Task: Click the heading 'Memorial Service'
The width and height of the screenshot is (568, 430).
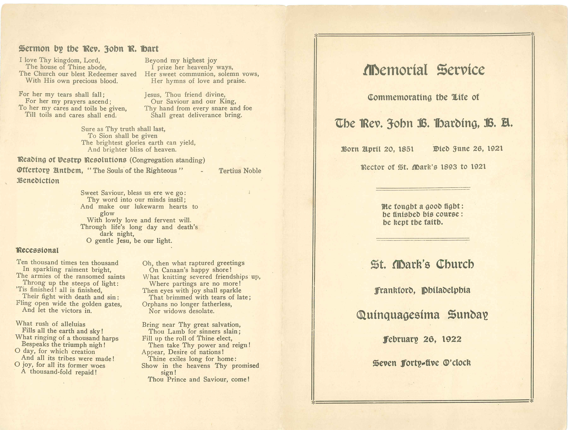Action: pyautogui.click(x=424, y=70)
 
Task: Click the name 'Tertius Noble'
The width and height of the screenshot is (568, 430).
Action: pyautogui.click(x=240, y=171)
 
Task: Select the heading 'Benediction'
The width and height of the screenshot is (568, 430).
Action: pyautogui.click(x=38, y=181)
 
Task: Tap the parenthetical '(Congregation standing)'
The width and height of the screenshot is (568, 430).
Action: pyautogui.click(x=167, y=160)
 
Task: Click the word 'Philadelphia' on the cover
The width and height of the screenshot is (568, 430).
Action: pyautogui.click(x=446, y=290)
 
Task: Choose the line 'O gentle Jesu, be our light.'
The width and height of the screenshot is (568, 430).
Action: pyautogui.click(x=129, y=241)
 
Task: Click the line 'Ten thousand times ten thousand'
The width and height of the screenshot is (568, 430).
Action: pyautogui.click(x=67, y=263)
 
